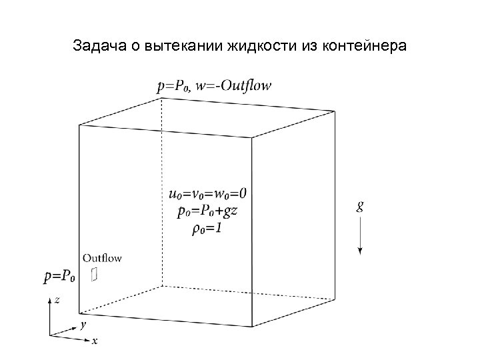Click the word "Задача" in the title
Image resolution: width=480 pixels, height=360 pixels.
pos(94,48)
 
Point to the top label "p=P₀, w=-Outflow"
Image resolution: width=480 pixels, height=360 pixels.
pos(214,86)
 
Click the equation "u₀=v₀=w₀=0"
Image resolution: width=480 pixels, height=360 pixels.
pos(208,194)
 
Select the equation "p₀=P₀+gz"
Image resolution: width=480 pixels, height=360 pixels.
pos(207,213)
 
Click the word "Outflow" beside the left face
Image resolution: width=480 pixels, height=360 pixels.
pos(102,258)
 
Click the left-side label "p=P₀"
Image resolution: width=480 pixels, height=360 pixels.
pos(60,275)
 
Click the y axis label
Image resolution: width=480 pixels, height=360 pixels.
pos(82,325)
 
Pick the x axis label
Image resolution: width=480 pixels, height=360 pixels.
pos(95,340)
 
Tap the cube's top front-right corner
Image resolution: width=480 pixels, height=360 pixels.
pos(252,138)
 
